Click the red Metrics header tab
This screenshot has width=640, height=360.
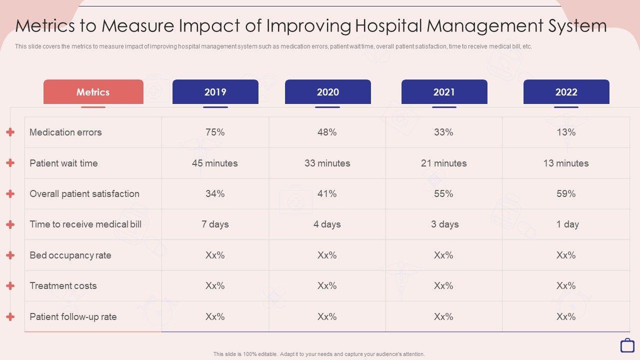click(x=93, y=92)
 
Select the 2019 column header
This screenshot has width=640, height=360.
click(x=215, y=92)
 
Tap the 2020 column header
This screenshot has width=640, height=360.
click(x=327, y=92)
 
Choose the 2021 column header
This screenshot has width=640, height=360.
click(x=444, y=92)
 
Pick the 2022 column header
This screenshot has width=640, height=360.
click(x=566, y=92)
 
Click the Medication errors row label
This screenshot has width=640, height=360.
click(x=65, y=132)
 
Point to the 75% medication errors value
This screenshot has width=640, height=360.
click(x=215, y=132)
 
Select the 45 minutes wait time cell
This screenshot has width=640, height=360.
click(x=215, y=163)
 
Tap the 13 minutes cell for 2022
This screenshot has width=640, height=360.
click(x=566, y=163)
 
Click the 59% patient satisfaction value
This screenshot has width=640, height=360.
click(x=566, y=193)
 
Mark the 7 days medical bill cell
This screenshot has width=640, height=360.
click(x=215, y=224)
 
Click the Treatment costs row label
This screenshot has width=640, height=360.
click(x=63, y=286)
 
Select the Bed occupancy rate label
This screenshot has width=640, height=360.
click(x=70, y=255)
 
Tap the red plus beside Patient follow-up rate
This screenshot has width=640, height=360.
click(x=10, y=316)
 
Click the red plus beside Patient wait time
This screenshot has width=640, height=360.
click(x=10, y=163)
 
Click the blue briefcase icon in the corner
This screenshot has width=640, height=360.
click(x=627, y=345)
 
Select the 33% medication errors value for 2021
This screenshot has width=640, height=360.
click(x=443, y=132)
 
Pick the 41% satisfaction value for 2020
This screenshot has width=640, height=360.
click(x=327, y=193)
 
